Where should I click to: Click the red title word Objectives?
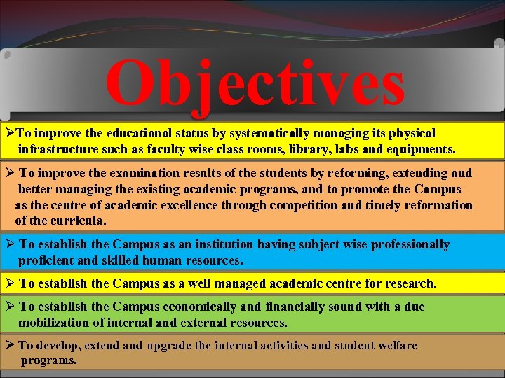(x=255, y=85)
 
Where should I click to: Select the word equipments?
(x=422, y=149)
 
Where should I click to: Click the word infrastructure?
(x=58, y=149)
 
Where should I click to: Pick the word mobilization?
(x=58, y=323)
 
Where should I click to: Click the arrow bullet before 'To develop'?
(x=9, y=345)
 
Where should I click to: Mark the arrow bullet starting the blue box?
(x=10, y=244)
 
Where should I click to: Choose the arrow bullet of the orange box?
(x=10, y=173)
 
